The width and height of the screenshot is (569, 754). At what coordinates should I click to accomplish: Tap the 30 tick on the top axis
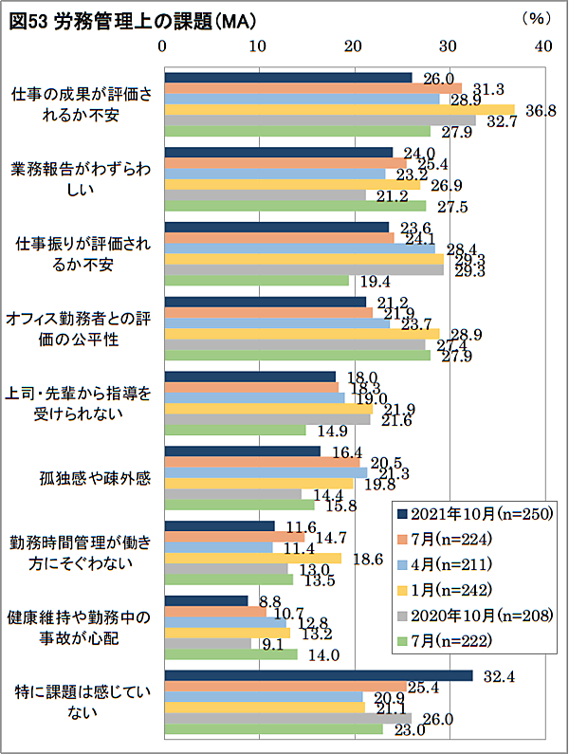[x=449, y=45]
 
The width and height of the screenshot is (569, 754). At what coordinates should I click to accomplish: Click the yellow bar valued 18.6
[x=253, y=559]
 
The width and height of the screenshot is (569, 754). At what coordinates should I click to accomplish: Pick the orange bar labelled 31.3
[x=313, y=88]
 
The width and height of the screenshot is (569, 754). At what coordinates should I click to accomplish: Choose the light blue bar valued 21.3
[x=266, y=472]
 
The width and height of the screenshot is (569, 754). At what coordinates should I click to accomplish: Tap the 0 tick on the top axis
[x=164, y=45]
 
